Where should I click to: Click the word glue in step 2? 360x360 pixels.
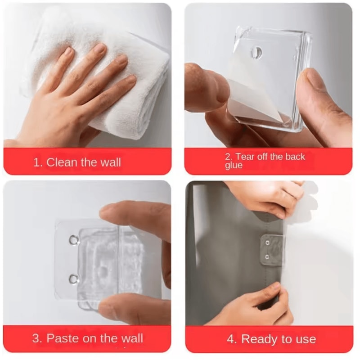coord(234,166)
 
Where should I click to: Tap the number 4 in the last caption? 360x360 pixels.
coord(231,339)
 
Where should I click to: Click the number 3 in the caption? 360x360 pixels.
coord(36,338)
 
